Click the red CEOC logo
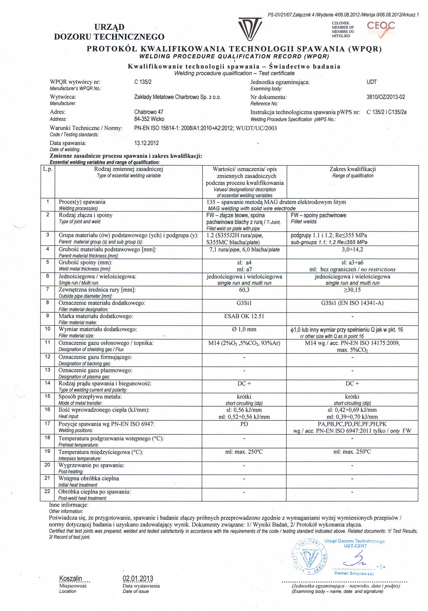pos(381,29)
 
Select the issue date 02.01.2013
pos(138,578)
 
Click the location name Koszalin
pos(71,578)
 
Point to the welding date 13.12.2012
pos(147,143)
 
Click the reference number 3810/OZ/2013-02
pos(386,97)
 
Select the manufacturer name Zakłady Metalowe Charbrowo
pos(177,97)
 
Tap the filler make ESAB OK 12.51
pos(244,316)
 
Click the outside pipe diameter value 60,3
pos(244,290)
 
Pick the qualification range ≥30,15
pos(352,290)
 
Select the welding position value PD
pos(244,424)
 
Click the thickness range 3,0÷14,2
pos(352,249)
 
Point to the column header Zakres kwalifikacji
pos(352,169)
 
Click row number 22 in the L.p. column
pos(47,491)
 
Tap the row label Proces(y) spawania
pos(82,202)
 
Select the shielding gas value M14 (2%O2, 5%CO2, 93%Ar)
pos(244,343)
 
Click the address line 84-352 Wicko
pos(149,119)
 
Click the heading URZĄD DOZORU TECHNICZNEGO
pos(109,32)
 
